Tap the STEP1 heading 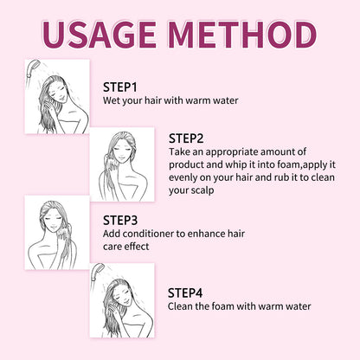121,87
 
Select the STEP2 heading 186,138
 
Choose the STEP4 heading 186,292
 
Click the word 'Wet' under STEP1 113,101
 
